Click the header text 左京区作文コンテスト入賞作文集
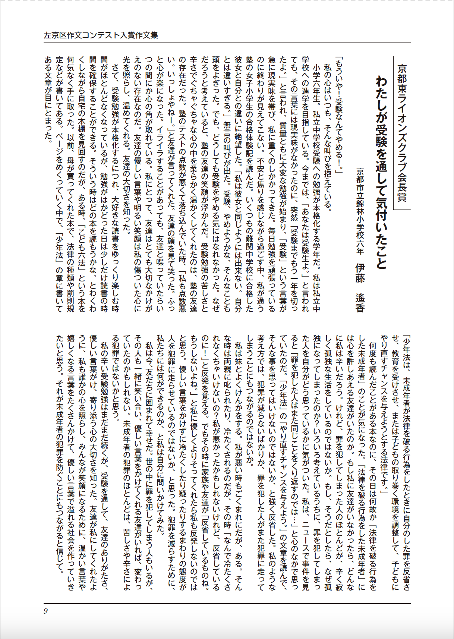101,35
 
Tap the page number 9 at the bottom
45,611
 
